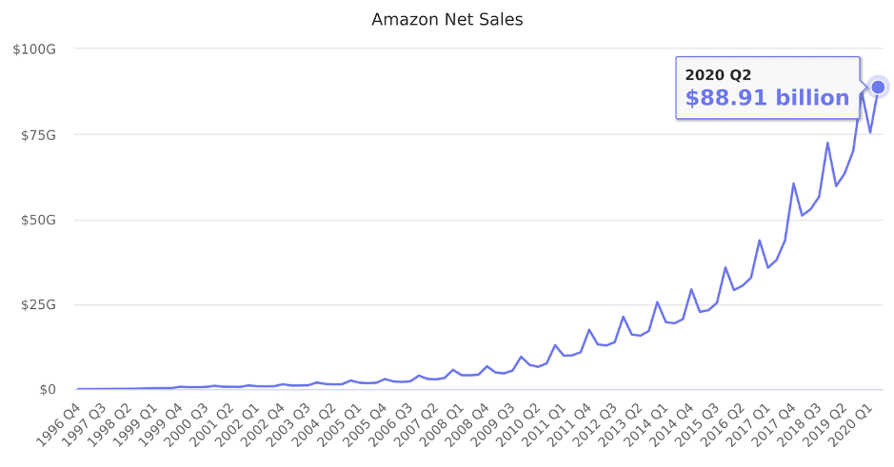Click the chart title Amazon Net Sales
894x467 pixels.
pyautogui.click(x=447, y=19)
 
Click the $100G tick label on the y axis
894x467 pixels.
pyautogui.click(x=34, y=49)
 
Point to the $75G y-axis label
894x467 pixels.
pyautogui.click(x=38, y=134)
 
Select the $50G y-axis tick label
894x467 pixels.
pyautogui.click(x=38, y=220)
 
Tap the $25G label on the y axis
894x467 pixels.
pyautogui.click(x=38, y=304)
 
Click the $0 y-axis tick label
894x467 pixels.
pyautogui.click(x=47, y=390)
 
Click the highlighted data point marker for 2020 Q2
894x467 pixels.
pyautogui.click(x=879, y=87)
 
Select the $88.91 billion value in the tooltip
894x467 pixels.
pyautogui.click(x=766, y=98)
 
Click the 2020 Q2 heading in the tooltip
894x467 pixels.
pyautogui.click(x=719, y=75)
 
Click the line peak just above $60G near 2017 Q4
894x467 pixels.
pyautogui.click(x=793, y=184)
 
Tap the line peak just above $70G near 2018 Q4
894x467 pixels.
pyautogui.click(x=827, y=144)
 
